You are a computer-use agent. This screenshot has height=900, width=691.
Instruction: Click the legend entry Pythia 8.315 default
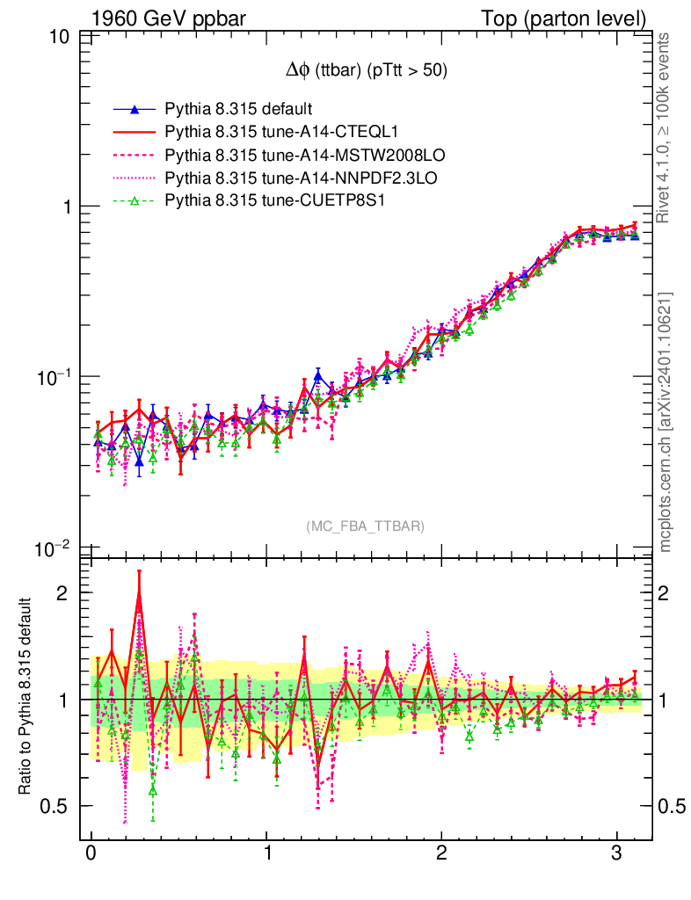pos(238,110)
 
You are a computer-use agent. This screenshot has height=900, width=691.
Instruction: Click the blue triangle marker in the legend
pos(135,110)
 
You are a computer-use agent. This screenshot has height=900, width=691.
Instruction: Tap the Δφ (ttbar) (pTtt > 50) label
pos(361,71)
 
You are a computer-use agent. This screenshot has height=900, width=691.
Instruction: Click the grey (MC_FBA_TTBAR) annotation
pos(366,526)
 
